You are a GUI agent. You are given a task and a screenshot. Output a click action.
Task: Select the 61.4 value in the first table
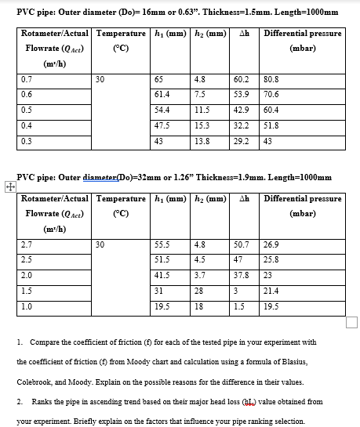point(163,94)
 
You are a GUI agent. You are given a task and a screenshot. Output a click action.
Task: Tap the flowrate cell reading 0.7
point(27,79)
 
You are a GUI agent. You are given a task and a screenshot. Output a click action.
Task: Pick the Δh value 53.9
point(242,94)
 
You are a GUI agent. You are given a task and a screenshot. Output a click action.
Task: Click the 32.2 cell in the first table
point(242,125)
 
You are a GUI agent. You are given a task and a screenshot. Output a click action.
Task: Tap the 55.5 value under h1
point(163,244)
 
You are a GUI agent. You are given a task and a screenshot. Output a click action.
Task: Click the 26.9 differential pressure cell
point(272,244)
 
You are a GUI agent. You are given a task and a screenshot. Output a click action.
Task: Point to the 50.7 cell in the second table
point(242,244)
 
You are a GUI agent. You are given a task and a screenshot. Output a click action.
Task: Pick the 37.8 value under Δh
point(242,275)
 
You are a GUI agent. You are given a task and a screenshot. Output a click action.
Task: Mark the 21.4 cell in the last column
point(272,290)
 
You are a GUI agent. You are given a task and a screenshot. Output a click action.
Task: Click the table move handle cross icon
point(8,186)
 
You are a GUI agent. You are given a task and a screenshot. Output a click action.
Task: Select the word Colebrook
point(35,382)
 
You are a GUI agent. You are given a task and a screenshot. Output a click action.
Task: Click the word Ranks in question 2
point(42,402)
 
